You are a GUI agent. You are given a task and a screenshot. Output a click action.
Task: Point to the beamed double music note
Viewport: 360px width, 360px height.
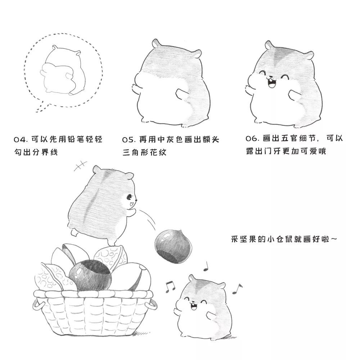(x=170, y=286)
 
